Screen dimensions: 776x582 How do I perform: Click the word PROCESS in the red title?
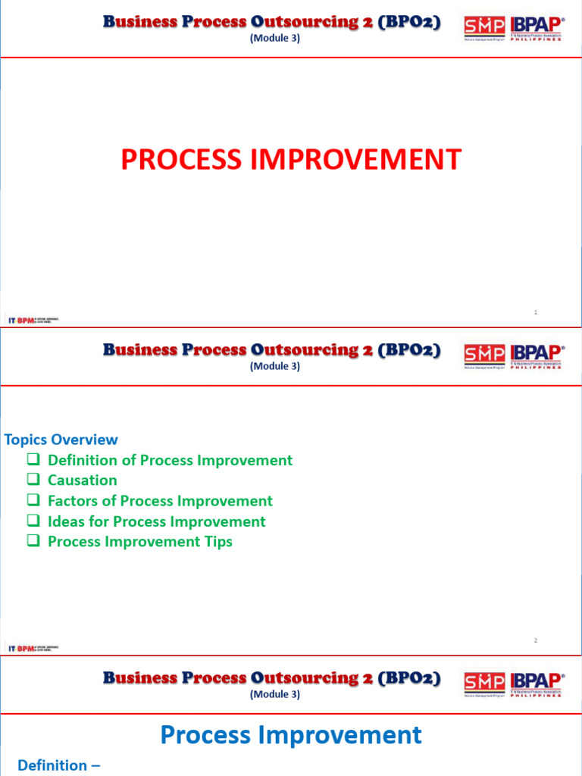177,160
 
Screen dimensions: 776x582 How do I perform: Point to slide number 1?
536,312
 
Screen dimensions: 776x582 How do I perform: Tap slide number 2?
536,640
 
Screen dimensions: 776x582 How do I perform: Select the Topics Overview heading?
61,440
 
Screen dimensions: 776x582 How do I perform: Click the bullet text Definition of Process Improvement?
170,460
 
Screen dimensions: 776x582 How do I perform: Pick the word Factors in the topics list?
72,501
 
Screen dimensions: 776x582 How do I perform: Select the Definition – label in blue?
58,765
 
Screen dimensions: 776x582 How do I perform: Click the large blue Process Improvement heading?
291,735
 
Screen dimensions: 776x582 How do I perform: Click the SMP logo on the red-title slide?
484,28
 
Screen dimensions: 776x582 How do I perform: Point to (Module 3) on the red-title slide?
274,38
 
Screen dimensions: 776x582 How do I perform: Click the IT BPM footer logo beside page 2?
33,649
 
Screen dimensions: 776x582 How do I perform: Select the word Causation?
83,480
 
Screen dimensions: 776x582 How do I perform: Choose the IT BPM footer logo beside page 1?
33,321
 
